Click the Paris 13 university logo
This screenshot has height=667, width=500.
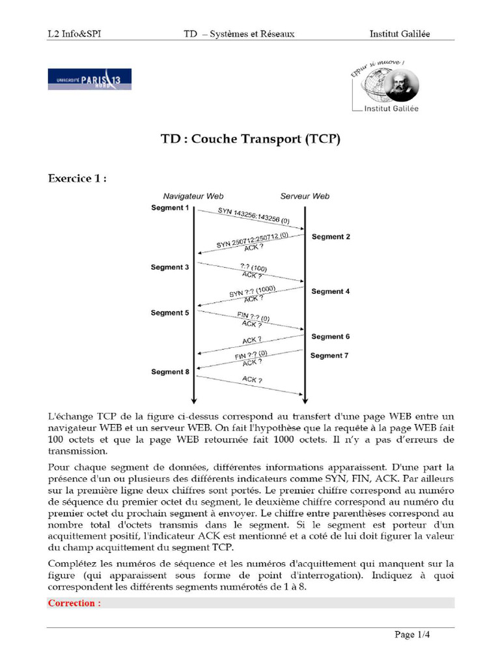point(89,79)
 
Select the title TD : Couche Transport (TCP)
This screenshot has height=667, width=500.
point(251,139)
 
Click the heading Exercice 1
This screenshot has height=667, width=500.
point(77,178)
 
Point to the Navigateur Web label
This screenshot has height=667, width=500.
point(193,196)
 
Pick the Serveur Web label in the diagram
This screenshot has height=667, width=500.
point(305,196)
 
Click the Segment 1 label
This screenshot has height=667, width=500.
point(170,208)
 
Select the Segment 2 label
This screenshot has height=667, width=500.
point(331,236)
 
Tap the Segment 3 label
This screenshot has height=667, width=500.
point(170,267)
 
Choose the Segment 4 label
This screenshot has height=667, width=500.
point(331,291)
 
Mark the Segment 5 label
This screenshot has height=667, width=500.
point(170,313)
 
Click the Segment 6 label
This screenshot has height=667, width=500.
point(331,336)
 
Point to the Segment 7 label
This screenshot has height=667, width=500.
point(329,356)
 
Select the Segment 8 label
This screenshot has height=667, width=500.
point(170,372)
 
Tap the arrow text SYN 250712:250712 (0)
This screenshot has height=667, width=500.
point(253,239)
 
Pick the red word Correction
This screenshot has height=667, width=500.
point(74,603)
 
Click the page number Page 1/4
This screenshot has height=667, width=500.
point(412,634)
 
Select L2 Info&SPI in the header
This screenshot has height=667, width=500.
point(74,34)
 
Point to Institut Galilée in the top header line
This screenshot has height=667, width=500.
point(400,34)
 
